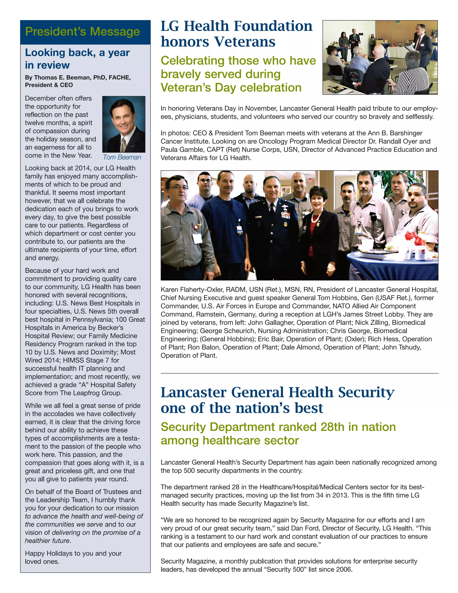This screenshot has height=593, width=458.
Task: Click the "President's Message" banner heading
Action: pyautogui.click(x=83, y=32)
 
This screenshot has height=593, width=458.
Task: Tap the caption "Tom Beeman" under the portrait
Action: pyautogui.click(x=122, y=157)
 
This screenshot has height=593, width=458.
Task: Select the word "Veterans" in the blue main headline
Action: pyautogui.click(x=245, y=42)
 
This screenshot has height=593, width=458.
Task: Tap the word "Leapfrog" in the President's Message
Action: pyautogui.click(x=87, y=393)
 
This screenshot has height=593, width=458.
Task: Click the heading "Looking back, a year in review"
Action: pyautogui.click(x=77, y=59)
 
